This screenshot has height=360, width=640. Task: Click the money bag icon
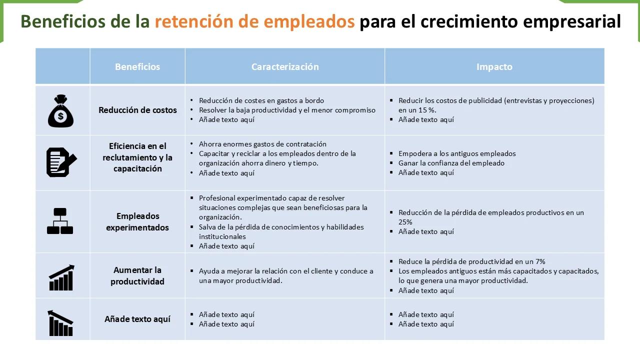point(60,111)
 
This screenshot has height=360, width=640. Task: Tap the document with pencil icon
point(61,162)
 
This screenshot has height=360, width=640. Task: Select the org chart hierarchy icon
point(60,221)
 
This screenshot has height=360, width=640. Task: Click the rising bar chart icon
point(61,277)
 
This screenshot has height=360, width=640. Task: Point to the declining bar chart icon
point(60,323)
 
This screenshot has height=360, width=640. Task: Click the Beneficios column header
point(137,66)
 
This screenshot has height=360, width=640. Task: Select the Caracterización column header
point(285,66)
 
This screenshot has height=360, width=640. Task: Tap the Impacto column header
point(494,66)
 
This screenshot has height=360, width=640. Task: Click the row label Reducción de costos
point(137,110)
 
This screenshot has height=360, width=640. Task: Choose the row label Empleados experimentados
point(137,221)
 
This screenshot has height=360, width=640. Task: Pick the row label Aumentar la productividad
point(137,275)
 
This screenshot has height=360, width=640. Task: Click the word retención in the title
point(194,21)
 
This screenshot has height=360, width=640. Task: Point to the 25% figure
point(405,222)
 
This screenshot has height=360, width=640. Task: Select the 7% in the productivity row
point(540,261)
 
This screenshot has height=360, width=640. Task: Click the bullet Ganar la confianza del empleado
point(451,163)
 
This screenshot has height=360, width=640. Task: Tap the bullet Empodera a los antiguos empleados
point(457,153)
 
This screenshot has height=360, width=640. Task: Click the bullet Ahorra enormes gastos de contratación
point(262,144)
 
